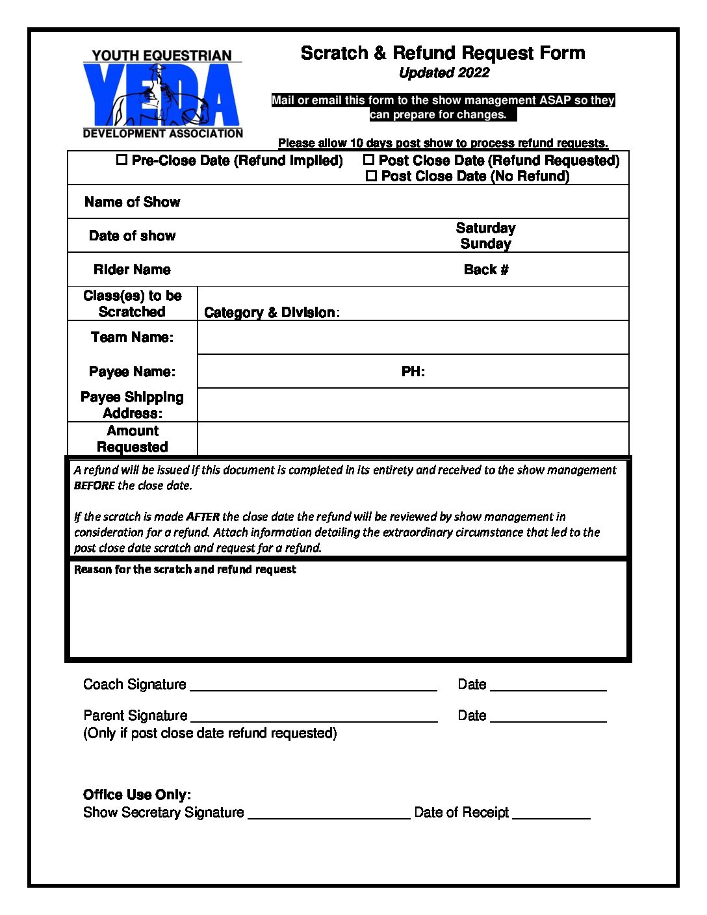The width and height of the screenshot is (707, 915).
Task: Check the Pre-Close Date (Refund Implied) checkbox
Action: pyautogui.click(x=122, y=160)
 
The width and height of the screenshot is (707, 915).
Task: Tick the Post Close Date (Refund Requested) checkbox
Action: pyautogui.click(x=368, y=160)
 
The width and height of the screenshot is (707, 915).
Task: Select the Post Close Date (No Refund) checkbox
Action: pyautogui.click(x=371, y=176)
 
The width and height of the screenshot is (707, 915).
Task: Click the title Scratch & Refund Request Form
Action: pyautogui.click(x=443, y=53)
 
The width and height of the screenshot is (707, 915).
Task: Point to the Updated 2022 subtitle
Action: pyautogui.click(x=444, y=73)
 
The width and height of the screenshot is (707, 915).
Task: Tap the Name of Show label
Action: pyautogui.click(x=132, y=202)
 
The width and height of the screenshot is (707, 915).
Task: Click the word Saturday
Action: pyautogui.click(x=485, y=228)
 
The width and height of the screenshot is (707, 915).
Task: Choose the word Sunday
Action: pyautogui.click(x=485, y=244)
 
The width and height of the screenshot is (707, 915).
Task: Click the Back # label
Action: pyautogui.click(x=486, y=270)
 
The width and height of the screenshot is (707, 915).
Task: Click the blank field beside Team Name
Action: pyautogui.click(x=413, y=337)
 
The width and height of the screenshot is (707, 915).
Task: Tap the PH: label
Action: pyautogui.click(x=413, y=372)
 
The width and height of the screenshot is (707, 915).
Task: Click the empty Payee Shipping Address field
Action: pyautogui.click(x=413, y=405)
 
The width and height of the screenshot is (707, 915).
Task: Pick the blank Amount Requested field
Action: pyautogui.click(x=413, y=439)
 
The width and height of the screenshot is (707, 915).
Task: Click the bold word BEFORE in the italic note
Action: pyautogui.click(x=94, y=485)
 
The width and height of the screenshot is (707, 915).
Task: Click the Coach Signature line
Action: pyautogui.click(x=313, y=686)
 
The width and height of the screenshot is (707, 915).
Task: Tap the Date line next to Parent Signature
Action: pyautogui.click(x=548, y=717)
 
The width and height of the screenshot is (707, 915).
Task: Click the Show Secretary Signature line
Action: pyautogui.click(x=329, y=814)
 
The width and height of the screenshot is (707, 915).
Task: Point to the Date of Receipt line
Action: pyautogui.click(x=551, y=814)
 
